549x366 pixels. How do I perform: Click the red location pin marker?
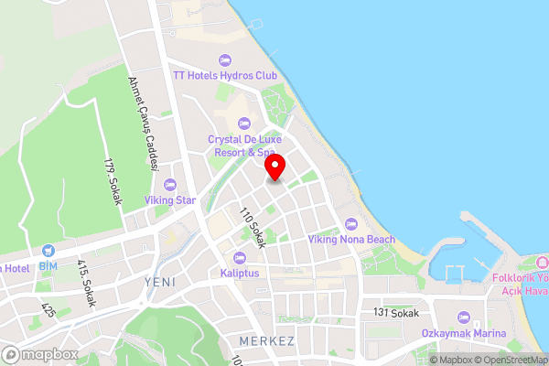pos(275,167)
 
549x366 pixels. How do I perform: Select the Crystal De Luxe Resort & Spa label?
pos(242,145)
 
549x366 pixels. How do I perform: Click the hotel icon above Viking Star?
pos(171,183)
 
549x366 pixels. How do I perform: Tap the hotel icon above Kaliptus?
pos(240,257)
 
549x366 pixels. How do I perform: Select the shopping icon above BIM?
pos(48,249)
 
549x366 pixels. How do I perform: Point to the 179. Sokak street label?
pos(113,183)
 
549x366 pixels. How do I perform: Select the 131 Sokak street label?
pos(395,313)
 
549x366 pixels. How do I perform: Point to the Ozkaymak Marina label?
pos(464,333)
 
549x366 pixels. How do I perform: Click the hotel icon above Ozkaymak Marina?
pos(464,318)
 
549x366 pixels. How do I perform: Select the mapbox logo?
pos(39,354)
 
